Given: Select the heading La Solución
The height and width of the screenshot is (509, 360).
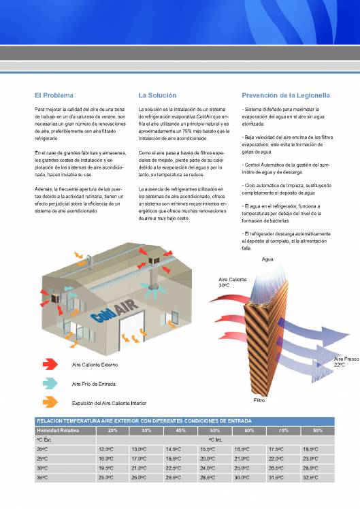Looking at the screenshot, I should (x=157, y=95).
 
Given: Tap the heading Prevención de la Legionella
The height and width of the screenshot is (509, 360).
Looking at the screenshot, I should (x=286, y=95).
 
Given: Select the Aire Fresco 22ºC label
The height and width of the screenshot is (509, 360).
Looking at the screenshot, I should (x=345, y=361).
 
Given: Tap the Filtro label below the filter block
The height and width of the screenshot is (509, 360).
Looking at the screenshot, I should (x=259, y=400).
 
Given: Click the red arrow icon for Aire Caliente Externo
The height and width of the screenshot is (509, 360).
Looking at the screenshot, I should (x=52, y=365).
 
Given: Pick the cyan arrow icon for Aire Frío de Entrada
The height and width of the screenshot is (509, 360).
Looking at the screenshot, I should (x=52, y=384).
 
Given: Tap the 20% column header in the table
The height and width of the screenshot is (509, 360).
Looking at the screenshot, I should (x=113, y=431).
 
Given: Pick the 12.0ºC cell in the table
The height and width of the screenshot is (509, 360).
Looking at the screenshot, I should (x=105, y=449).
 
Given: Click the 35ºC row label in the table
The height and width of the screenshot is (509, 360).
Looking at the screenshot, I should (x=42, y=478).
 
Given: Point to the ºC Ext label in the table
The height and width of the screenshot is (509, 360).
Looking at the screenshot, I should (x=44, y=440).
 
